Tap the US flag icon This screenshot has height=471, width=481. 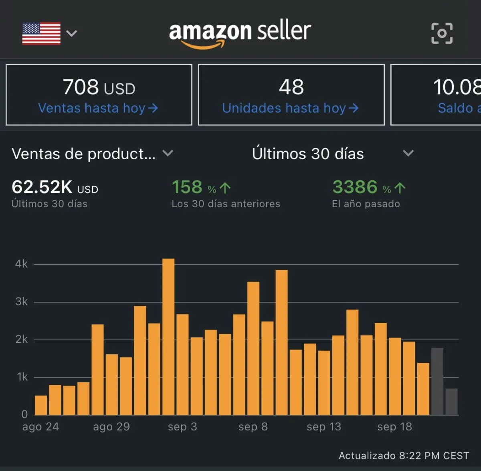pos(41,33)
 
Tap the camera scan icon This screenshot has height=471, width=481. pos(442,33)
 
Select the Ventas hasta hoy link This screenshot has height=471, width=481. pos(98,108)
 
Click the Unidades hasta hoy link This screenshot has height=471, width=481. pos(290,108)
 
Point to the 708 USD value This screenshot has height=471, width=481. pos(99,87)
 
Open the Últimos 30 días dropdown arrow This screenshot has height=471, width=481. pos(408,153)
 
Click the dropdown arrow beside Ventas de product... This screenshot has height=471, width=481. pos(168,153)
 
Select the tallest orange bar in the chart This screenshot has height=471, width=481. pos(168,337)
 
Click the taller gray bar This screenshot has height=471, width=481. pos(437,381)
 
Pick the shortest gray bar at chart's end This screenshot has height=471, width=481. pos(451,402)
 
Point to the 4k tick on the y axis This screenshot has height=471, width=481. pos(22,264)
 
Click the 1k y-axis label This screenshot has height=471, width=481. pos(22,377)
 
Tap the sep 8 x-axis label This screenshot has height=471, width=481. pos(253,427)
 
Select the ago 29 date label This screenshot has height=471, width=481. pos(111,427)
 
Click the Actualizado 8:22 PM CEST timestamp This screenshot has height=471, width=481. pos(404,456)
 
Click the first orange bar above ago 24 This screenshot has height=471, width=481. pos(41,405)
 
